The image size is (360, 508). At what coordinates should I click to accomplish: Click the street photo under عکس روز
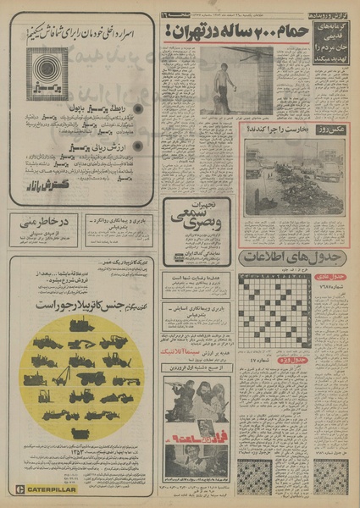(294, 176)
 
